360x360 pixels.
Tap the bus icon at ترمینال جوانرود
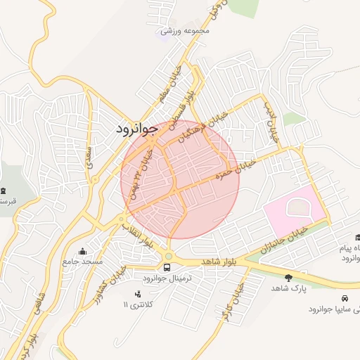pyautogui.click(x=167, y=267)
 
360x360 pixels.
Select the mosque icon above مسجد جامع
pyautogui.click(x=83, y=251)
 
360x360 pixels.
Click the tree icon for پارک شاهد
pyautogui.click(x=288, y=278)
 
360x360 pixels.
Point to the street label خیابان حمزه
pyautogui.click(x=250, y=165)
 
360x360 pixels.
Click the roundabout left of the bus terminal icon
pyautogui.click(x=169, y=255)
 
